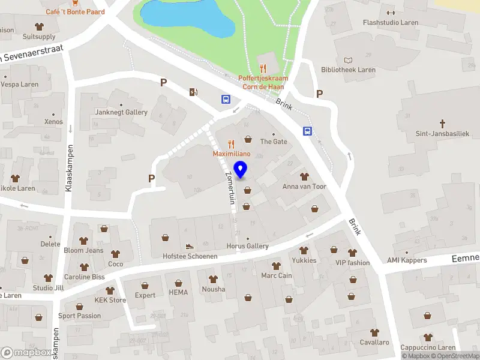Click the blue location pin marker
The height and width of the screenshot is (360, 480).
click(241, 170)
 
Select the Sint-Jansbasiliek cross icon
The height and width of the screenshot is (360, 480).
click(443, 124)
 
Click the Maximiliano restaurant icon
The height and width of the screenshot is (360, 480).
click(231, 144)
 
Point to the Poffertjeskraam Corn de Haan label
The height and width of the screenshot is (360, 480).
click(263, 82)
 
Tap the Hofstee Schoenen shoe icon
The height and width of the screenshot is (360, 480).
click(190, 246)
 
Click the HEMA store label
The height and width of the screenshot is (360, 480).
click(178, 292)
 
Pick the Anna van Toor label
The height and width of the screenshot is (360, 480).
click(304, 187)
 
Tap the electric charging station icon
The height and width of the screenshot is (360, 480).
click(193, 92)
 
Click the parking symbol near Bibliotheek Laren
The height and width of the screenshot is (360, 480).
click(320, 94)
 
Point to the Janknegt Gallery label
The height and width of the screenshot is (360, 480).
click(121, 112)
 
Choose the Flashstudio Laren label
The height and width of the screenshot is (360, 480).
click(391, 23)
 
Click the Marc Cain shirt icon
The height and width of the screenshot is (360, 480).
click(276, 265)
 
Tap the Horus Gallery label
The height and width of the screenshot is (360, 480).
click(247, 246)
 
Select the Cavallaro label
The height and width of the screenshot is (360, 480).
click(375, 342)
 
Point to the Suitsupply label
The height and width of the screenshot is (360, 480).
click(39, 36)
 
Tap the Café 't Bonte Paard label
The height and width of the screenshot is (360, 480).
click(75, 11)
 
